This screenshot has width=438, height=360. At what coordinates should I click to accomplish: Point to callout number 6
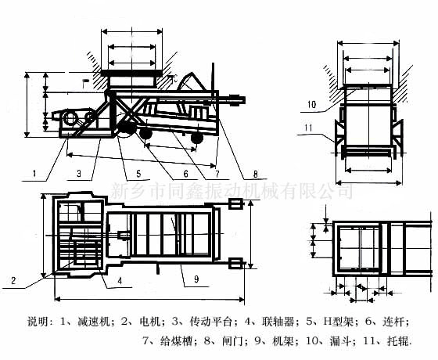(185, 174)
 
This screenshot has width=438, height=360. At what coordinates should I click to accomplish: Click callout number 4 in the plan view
(119, 279)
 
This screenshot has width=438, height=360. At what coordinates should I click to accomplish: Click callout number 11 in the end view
(311, 127)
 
